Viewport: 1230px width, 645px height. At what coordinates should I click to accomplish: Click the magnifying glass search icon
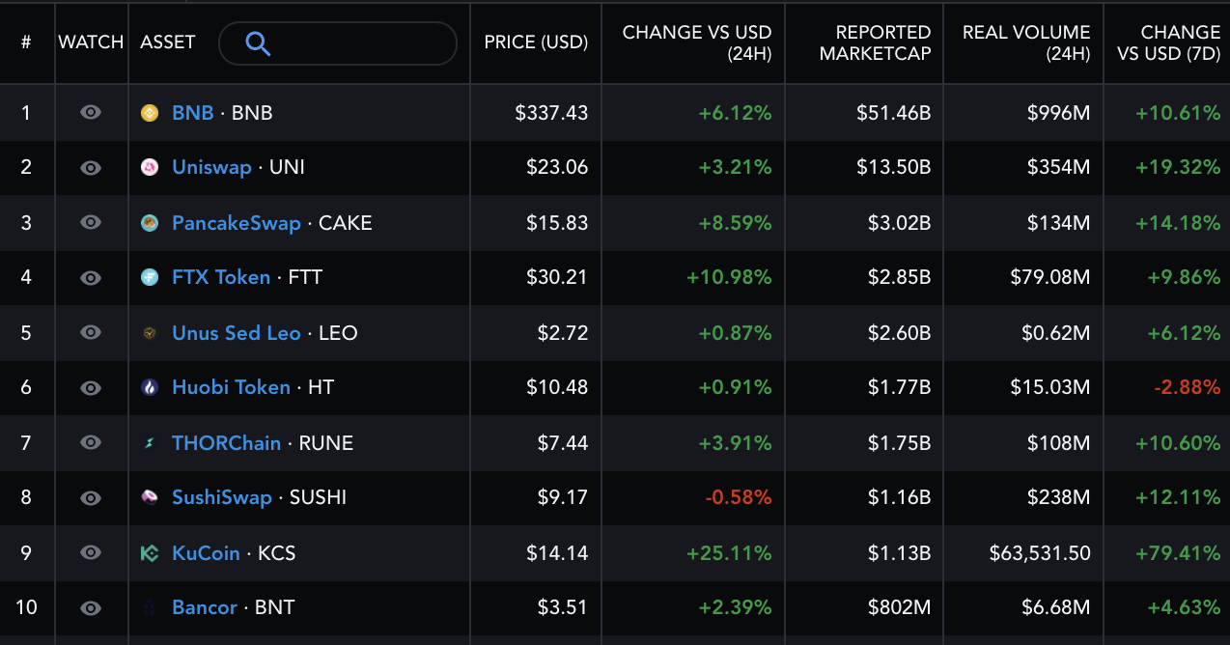point(258,43)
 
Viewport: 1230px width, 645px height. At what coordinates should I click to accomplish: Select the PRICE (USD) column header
point(536,42)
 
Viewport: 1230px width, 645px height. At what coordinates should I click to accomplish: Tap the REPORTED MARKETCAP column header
point(875,43)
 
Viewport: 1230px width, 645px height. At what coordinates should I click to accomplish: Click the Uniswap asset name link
point(211,167)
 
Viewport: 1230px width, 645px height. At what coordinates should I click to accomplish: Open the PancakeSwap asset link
point(236,223)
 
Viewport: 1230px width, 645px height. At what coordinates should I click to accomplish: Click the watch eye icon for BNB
point(91,113)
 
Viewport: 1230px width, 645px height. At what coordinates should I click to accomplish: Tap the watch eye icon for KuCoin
point(91,553)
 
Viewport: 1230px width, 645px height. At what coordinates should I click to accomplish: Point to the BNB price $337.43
point(551,113)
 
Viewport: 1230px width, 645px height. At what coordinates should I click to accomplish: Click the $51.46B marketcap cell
point(893,113)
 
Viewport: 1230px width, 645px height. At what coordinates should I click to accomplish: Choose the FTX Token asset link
point(221,278)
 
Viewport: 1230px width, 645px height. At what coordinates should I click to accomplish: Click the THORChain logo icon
point(150,443)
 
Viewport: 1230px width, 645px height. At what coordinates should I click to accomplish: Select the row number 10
point(26,607)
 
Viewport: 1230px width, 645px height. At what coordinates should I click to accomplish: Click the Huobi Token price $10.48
point(557,388)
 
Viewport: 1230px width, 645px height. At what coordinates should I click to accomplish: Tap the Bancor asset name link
point(204,608)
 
